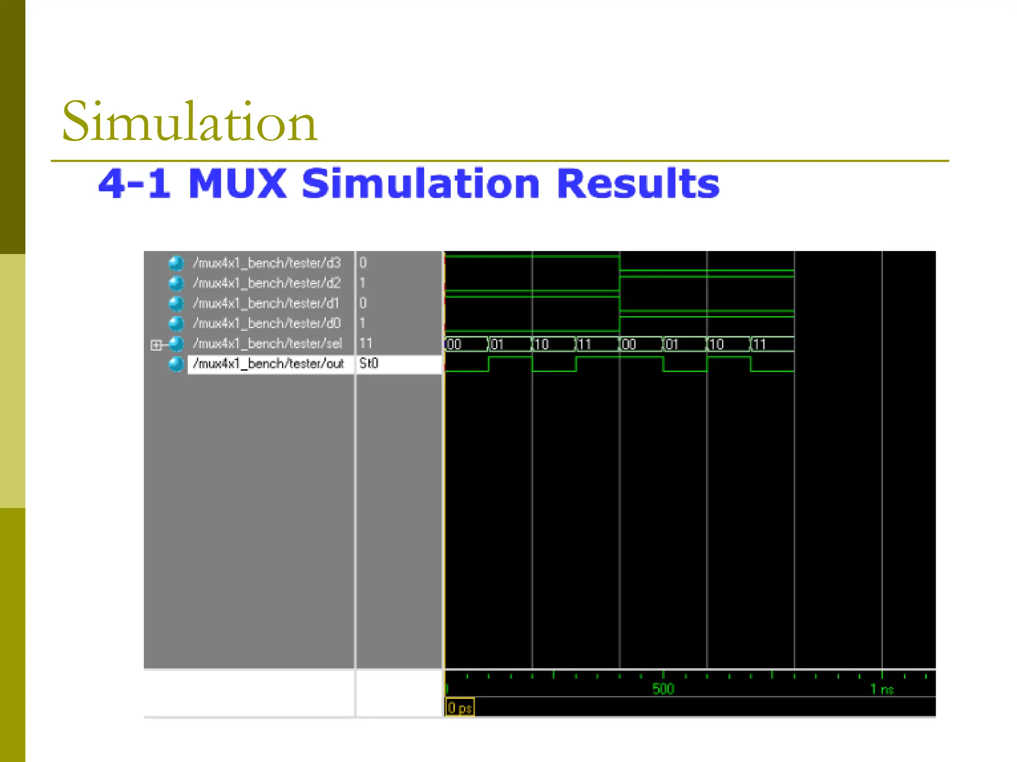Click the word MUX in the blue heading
coord(237,184)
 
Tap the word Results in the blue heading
coord(638,184)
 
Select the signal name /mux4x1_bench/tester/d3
coord(267,263)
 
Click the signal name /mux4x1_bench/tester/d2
coord(267,283)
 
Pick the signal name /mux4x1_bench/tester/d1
coord(266,303)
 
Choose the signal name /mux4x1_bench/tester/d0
coord(267,323)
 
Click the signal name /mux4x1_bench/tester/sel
coord(267,343)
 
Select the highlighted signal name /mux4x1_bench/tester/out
coord(268,364)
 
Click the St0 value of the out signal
coord(369,364)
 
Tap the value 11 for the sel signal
coord(366,343)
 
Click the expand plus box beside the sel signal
coord(156,345)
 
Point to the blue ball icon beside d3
coord(176,263)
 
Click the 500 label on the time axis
coord(663,689)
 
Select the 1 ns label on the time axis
coord(881,689)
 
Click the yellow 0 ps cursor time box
coord(460,707)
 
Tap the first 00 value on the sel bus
coord(454,344)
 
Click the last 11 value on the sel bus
coord(760,344)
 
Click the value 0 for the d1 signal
coord(363,303)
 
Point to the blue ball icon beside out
coord(176,364)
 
